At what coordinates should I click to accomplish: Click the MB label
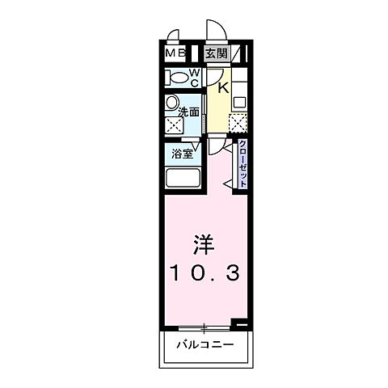pos(175,54)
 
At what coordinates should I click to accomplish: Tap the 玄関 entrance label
pos(215,54)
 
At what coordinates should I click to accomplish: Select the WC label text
pos(195,78)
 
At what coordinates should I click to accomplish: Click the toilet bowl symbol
pos(177,78)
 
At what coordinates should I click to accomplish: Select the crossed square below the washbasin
pos(173,126)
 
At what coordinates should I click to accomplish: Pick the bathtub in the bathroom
pos(183,179)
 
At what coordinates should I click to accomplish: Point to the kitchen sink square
pos(239,103)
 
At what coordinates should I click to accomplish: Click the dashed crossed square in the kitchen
pos(238,123)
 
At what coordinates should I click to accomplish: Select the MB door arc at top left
pos(173,37)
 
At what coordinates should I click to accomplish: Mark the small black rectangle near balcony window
pos(240,323)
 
